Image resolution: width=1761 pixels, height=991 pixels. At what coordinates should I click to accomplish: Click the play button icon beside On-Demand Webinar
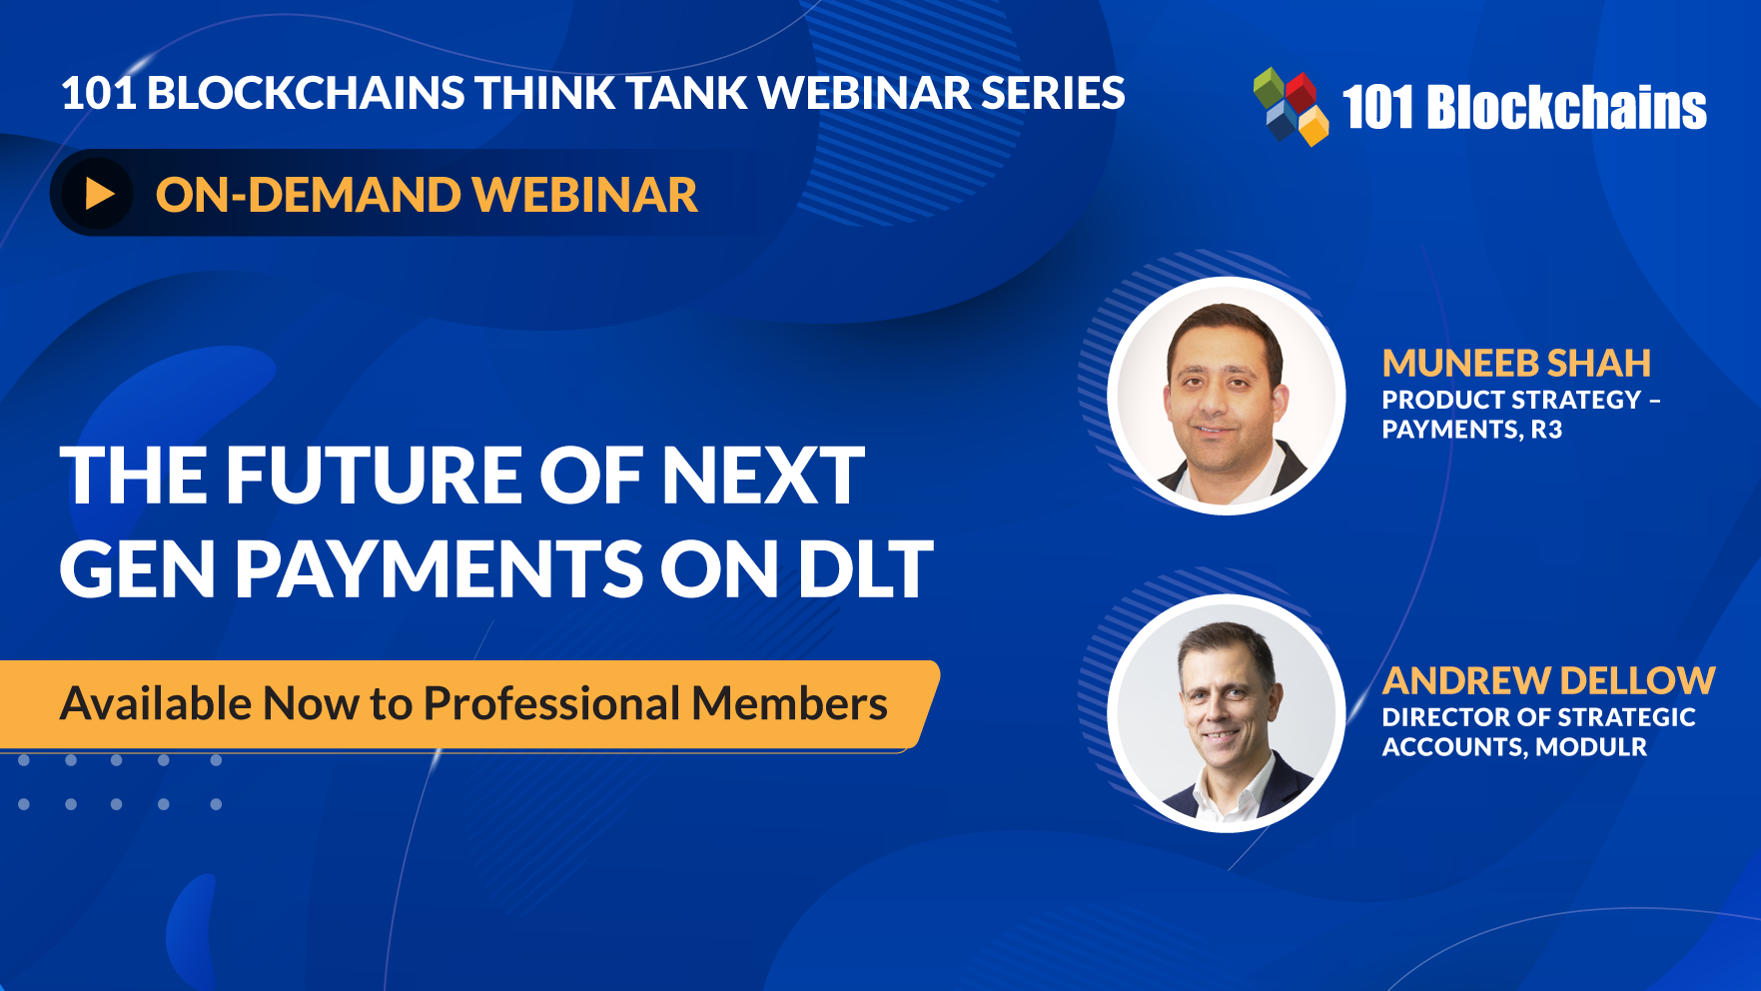[x=98, y=194]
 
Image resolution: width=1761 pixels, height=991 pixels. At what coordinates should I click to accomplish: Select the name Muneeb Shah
[x=1515, y=363]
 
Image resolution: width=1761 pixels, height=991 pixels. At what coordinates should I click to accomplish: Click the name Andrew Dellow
[x=1547, y=680]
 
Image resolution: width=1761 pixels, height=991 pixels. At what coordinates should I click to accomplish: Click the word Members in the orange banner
[x=789, y=703]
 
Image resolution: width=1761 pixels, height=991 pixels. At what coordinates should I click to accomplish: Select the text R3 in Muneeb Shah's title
[x=1546, y=430]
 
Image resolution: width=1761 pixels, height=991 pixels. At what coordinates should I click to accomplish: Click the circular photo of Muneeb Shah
[x=1227, y=396]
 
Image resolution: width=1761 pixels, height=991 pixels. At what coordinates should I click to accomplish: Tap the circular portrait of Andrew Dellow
[x=1227, y=713]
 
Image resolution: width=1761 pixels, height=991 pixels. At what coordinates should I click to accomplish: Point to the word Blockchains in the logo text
[x=1566, y=107]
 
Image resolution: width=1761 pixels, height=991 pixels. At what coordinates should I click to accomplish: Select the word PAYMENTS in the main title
[x=439, y=569]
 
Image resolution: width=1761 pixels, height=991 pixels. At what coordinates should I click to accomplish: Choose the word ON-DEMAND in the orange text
[x=305, y=194]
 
